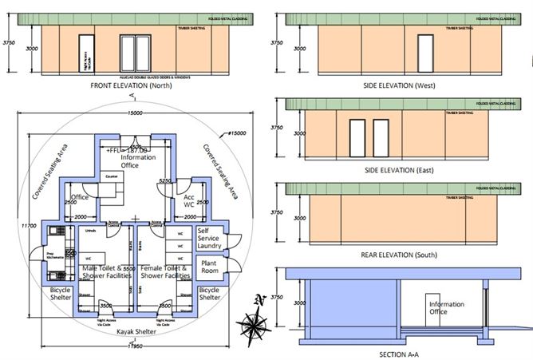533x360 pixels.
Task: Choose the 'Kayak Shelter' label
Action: pos(136,330)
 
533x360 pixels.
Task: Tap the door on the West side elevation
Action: pos(425,50)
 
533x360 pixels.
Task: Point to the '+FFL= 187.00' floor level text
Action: pos(128,149)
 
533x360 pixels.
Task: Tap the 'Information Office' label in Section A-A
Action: pos(446,307)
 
